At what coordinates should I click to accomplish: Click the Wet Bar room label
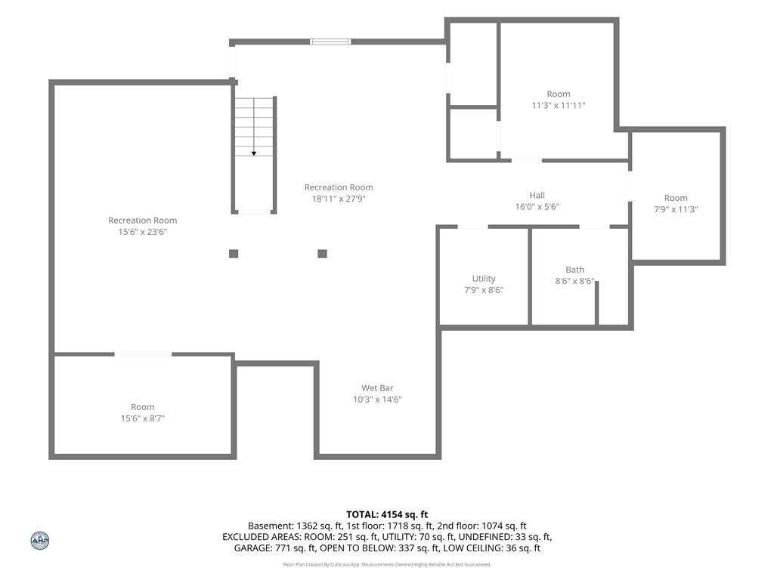point(377,388)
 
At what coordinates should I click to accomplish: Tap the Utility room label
point(484,279)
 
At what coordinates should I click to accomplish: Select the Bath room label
point(574,270)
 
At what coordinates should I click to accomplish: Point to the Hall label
point(537,196)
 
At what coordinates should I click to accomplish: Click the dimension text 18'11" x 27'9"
point(339,199)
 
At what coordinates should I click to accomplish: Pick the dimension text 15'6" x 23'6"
point(143,232)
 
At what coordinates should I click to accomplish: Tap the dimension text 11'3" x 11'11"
point(559,105)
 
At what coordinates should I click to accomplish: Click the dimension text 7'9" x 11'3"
point(676,209)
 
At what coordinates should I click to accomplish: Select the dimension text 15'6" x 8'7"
point(143,418)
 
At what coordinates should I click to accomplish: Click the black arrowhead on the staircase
point(254,154)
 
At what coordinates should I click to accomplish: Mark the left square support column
point(234,254)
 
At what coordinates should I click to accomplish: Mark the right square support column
point(322,254)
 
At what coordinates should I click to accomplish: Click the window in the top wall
point(330,42)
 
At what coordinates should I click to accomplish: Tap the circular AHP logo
point(40,541)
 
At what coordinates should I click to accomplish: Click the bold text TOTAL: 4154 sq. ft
point(387,515)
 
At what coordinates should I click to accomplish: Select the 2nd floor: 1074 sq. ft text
point(481,526)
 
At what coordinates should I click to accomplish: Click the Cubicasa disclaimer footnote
point(387,564)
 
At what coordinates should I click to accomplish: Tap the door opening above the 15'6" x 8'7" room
point(143,354)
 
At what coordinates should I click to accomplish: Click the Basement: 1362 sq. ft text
point(296,526)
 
